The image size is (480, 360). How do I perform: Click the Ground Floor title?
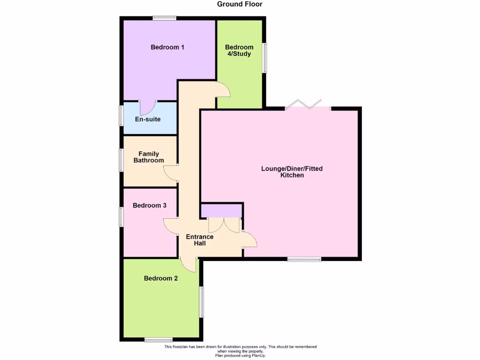[240, 4]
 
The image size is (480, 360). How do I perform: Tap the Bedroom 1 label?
[167, 47]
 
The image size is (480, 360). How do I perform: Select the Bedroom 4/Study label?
[239, 50]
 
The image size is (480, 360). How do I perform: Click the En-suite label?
[148, 119]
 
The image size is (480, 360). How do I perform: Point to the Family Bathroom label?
[149, 157]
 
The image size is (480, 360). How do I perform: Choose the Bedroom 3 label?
[150, 205]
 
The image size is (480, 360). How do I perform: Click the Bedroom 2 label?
[161, 278]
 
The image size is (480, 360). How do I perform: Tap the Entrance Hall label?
[200, 240]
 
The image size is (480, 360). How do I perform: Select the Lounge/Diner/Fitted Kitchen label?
[292, 172]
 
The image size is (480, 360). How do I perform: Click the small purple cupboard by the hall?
[221, 210]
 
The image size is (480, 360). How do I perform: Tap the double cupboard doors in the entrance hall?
[224, 225]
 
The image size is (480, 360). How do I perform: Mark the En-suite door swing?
[148, 108]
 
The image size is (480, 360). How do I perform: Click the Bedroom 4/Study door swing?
[223, 89]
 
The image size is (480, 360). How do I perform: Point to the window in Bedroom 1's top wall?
[164, 18]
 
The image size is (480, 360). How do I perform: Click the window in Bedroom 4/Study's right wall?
[264, 58]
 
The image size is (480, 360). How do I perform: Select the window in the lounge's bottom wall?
[304, 259]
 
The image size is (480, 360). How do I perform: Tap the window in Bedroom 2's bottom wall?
[158, 339]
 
